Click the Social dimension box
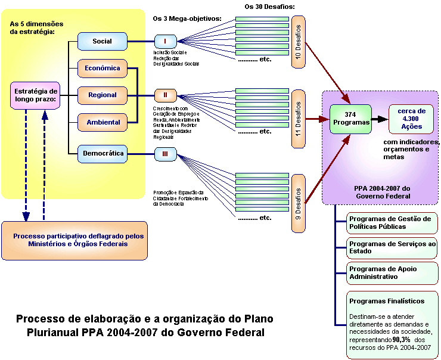[103, 41]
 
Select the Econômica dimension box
[103, 68]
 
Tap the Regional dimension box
[103, 95]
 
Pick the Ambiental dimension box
[103, 122]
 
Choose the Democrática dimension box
[103, 154]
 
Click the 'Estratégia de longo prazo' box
[35, 95]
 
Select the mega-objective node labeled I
[165, 41]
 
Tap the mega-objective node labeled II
[165, 95]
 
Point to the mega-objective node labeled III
[165, 154]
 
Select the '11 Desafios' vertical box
[299, 119]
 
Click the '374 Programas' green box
[350, 119]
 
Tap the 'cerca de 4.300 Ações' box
[411, 119]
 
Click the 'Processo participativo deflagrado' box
[74, 240]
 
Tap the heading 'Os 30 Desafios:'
[270, 7]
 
